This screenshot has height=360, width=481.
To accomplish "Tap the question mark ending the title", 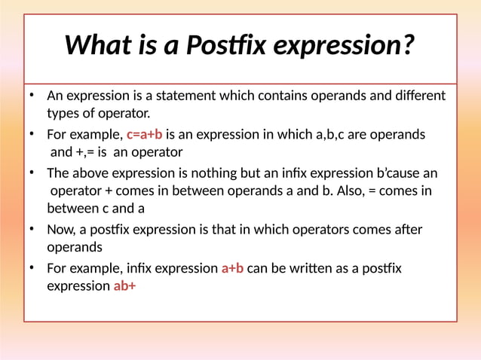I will click(408, 45).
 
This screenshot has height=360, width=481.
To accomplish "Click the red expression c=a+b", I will click(144, 135).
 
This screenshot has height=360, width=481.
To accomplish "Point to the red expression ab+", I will click(124, 286).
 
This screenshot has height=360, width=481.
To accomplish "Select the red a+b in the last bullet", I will click(232, 268).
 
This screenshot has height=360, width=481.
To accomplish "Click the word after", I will click(407, 230).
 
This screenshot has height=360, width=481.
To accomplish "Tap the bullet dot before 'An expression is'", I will click(32, 96).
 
